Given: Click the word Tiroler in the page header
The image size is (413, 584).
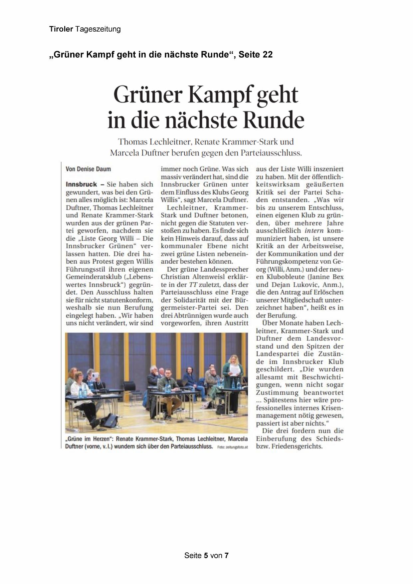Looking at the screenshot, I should click(x=61, y=29).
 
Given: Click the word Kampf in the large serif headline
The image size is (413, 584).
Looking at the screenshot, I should click(x=219, y=95).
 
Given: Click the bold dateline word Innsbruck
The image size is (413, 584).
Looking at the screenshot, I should click(x=81, y=184).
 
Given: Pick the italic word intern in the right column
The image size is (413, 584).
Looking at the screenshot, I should click(x=314, y=230).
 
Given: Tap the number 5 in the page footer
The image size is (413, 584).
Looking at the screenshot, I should click(x=206, y=556).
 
